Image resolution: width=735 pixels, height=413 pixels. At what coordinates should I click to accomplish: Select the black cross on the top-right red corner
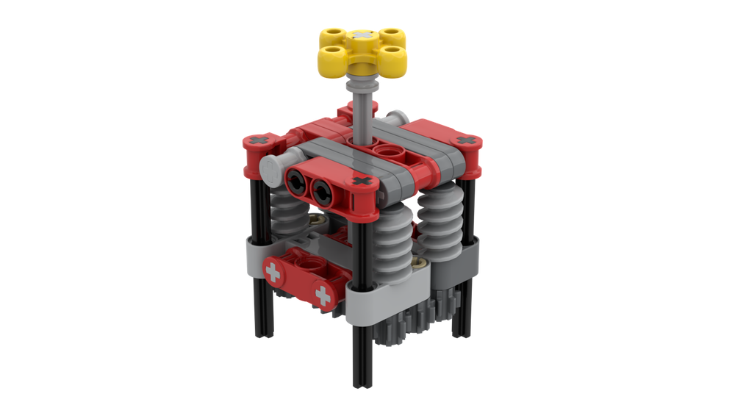point(465,139)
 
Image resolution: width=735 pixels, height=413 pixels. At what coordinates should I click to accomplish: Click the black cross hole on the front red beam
point(359,181)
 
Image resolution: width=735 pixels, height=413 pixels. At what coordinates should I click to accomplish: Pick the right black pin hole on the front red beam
point(322,193)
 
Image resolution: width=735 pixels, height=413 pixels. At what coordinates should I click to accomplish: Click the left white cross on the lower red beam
point(273,273)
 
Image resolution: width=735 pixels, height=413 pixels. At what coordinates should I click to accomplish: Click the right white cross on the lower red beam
point(321,295)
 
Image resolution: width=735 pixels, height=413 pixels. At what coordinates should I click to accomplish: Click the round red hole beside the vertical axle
point(388,151)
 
